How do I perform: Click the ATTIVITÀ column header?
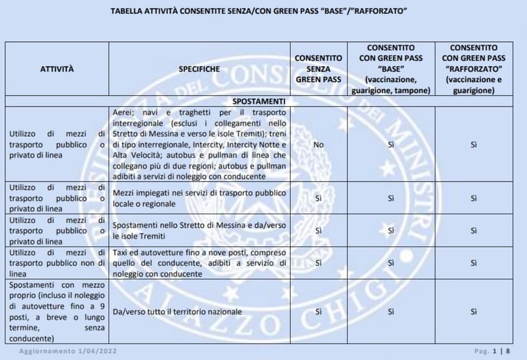57,68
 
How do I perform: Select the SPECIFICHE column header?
199,68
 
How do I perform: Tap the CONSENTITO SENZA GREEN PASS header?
318,68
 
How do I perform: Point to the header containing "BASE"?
391,69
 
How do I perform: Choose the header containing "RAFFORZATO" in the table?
474,69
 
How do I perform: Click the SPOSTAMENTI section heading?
258,101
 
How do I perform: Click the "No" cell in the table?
318,144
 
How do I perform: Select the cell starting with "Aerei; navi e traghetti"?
199,144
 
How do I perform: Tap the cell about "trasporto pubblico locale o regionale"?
199,198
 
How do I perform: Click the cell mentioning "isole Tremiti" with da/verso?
199,230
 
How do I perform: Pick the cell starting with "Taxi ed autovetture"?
199,263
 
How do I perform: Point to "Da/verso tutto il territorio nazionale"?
178,312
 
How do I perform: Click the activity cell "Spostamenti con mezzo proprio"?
57,312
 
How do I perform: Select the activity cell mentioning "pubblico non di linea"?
57,263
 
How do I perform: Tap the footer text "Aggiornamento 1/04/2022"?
68,351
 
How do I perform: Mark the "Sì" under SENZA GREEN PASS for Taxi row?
318,263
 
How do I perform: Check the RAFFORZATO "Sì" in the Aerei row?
474,144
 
